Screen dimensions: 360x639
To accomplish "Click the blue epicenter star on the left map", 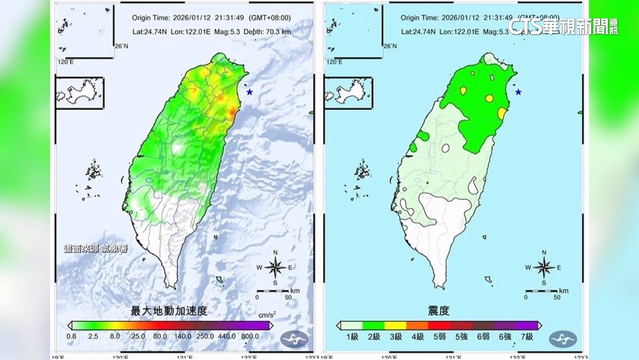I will (x=249, y=92).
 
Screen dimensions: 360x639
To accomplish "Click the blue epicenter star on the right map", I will (x=518, y=92).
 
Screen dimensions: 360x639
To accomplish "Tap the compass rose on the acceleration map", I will (x=275, y=267).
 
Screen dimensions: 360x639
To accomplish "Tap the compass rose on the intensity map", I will (x=544, y=267).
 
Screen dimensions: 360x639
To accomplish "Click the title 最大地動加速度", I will (x=169, y=311).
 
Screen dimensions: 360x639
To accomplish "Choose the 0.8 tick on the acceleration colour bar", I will (x=72, y=336).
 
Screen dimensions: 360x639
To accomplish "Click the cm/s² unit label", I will (x=266, y=315).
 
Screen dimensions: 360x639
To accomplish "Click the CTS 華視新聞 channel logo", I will (x=563, y=26).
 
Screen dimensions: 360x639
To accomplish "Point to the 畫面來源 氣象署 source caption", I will (x=95, y=248).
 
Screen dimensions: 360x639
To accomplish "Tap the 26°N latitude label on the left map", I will (x=121, y=46).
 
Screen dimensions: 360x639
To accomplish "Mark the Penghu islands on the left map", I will (x=93, y=173).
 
